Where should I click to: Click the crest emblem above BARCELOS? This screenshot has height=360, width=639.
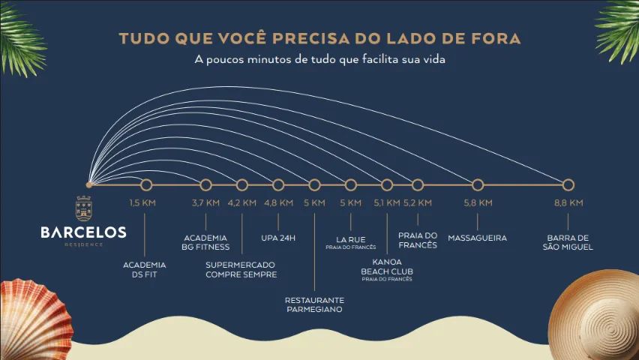pyautogui.click(x=83, y=208)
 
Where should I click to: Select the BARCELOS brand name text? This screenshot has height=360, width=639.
pyautogui.click(x=83, y=232)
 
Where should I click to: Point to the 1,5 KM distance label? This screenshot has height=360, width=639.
pyautogui.click(x=142, y=202)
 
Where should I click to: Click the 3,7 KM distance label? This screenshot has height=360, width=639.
pyautogui.click(x=205, y=202)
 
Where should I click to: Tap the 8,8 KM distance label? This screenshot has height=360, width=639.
pyautogui.click(x=568, y=202)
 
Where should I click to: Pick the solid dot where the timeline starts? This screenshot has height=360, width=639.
pyautogui.click(x=89, y=185)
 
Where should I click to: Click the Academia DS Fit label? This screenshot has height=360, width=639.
pyautogui.click(x=144, y=270)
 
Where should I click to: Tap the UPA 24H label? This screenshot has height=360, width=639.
pyautogui.click(x=278, y=238)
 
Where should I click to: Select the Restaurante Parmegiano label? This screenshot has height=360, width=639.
pyautogui.click(x=314, y=304)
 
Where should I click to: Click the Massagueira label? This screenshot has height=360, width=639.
pyautogui.click(x=478, y=238)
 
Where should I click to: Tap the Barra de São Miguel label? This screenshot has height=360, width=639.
pyautogui.click(x=568, y=242)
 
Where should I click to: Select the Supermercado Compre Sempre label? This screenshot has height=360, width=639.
pyautogui.click(x=241, y=270)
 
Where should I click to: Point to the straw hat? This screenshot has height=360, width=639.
pyautogui.click(x=595, y=315)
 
